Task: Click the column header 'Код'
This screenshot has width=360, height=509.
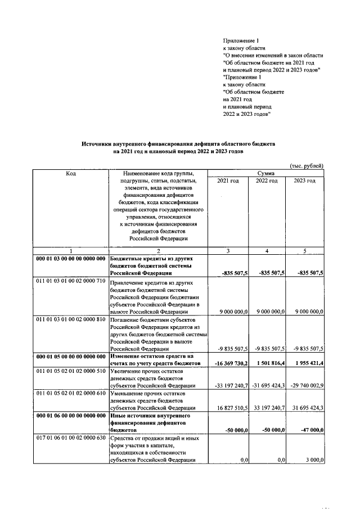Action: pos(71,174)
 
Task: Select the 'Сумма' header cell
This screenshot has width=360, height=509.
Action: pos(265,174)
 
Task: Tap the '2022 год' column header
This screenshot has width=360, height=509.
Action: pos(267,181)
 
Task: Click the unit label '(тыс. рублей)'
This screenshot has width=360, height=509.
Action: pos(307,166)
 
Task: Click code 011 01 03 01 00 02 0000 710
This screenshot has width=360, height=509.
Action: pos(71,280)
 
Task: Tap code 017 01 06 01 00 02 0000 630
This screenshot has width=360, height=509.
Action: pos(71,437)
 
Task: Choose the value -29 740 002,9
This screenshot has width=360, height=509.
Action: pos(304,386)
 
